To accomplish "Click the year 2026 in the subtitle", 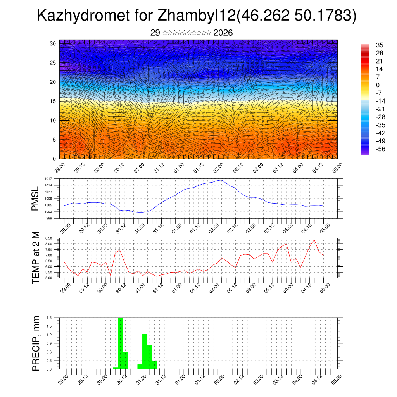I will (223, 33).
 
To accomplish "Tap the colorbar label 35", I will (380, 45).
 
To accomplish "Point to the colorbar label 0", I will (378, 85).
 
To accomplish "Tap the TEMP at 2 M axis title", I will (36, 257).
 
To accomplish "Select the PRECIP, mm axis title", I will (36, 343).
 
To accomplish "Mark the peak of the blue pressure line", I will (221, 180).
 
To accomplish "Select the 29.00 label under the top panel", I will (60, 167).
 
